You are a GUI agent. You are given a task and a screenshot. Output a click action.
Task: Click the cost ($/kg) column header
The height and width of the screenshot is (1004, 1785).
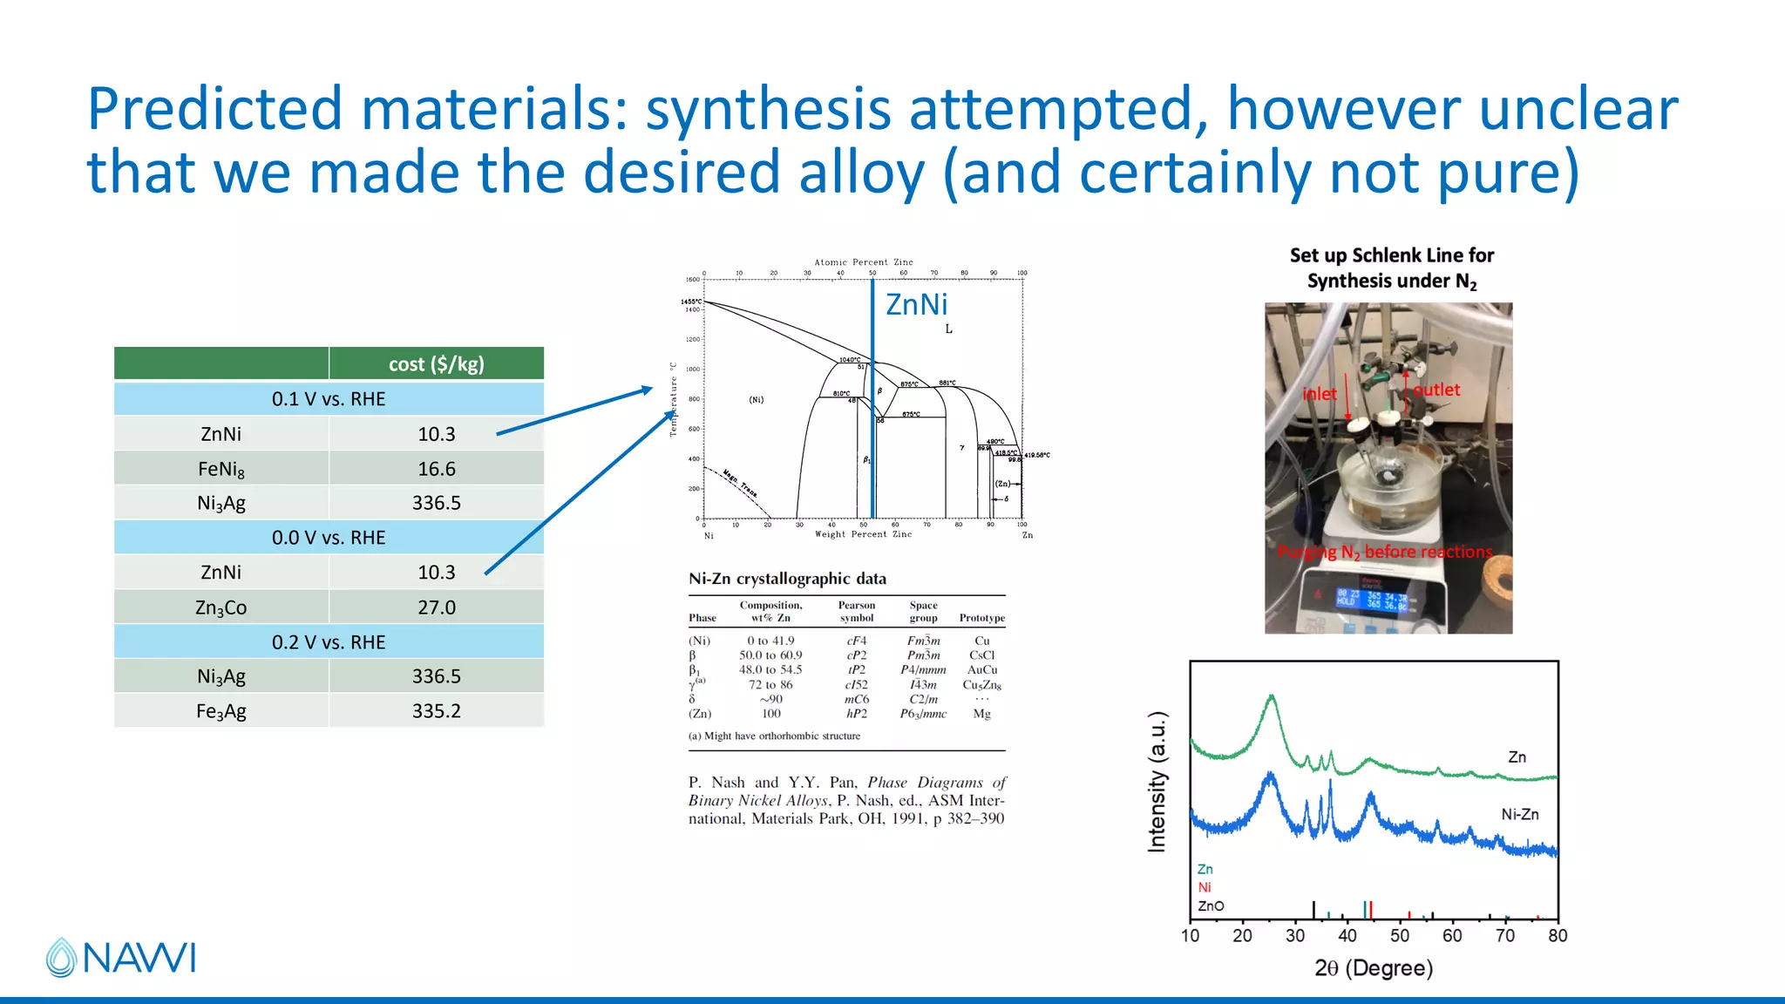436,364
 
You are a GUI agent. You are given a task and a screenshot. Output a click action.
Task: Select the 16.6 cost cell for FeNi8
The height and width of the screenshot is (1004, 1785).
436,469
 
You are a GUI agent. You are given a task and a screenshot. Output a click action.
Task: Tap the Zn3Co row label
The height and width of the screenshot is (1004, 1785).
221,607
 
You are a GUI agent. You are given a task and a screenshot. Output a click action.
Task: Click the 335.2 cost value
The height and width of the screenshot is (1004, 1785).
436,711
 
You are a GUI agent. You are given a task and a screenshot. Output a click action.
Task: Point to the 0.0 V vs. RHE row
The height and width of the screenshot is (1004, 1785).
329,538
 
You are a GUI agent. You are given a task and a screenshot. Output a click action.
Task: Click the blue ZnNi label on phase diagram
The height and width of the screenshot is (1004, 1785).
916,305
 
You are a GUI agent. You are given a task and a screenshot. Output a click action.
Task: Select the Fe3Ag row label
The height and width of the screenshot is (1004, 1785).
221,711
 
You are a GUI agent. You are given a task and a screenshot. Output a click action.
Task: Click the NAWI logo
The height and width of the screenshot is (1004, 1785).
121,957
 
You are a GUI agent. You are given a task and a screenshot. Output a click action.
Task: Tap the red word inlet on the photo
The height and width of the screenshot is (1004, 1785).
1319,394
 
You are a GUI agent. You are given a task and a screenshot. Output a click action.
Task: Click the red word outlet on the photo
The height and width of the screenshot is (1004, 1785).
1436,390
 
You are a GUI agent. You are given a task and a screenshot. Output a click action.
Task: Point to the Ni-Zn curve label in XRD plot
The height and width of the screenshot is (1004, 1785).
1519,814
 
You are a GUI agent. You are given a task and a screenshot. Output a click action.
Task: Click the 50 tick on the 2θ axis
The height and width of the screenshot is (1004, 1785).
1400,936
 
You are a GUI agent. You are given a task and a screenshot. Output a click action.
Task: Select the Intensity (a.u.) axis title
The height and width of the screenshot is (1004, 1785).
1157,782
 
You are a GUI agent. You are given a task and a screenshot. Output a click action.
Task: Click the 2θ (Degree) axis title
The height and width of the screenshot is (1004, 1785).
1374,968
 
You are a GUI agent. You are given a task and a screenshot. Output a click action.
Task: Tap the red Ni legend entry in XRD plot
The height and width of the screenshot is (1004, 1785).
1205,887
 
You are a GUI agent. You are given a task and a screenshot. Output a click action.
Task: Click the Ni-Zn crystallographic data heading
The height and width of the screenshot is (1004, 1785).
787,579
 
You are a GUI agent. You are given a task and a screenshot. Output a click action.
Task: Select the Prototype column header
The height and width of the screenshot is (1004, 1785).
981,618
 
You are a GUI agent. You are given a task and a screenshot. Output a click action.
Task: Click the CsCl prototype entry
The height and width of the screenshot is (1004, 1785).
981,655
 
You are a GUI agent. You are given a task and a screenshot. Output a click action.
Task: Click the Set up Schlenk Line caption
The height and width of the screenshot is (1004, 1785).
1391,268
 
